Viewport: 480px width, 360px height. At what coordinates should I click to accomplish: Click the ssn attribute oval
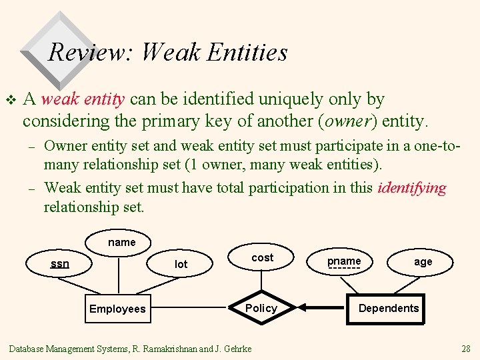tap(60, 264)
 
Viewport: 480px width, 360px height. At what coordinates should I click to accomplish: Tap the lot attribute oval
tap(181, 265)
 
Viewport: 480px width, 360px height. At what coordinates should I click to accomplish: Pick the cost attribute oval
tap(262, 257)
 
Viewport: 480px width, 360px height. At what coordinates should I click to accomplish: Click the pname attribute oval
tap(344, 261)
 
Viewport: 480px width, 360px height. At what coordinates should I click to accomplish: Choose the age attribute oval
tap(423, 262)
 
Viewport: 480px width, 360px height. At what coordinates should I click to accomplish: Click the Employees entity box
tap(117, 309)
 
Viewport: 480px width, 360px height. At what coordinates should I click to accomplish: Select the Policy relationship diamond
tap(261, 308)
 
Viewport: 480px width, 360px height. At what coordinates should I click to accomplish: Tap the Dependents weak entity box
tap(388, 308)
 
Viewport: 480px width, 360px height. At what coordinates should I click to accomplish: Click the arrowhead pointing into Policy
tap(302, 308)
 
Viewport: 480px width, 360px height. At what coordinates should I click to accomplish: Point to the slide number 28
tap(465, 349)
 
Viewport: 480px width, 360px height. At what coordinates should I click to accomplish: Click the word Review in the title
tap(91, 52)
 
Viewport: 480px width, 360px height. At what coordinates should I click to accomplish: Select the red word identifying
tap(411, 188)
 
